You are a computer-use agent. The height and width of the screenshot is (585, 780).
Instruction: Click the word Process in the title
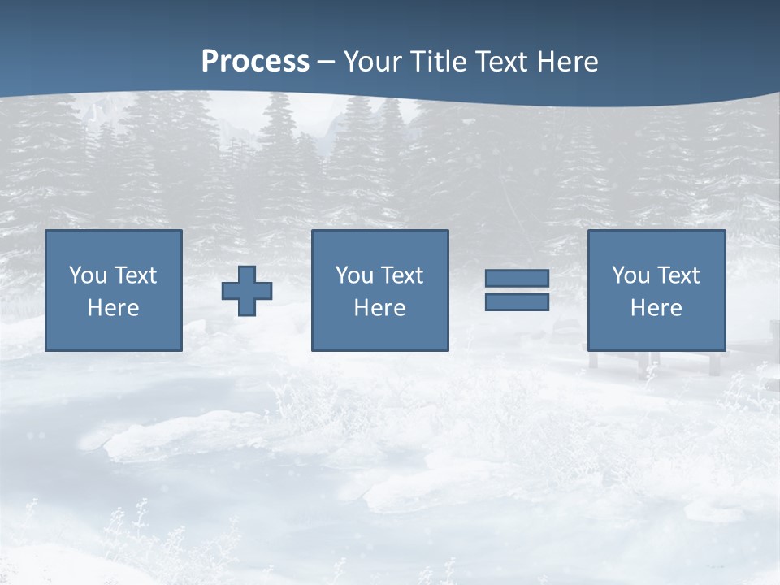pos(255,62)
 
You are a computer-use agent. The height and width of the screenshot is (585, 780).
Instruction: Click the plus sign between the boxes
pos(247,290)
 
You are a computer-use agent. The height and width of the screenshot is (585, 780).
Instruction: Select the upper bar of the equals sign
pos(517,279)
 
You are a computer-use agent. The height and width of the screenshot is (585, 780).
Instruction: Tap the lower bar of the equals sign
pos(517,301)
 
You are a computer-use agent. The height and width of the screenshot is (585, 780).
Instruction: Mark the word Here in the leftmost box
pos(113,308)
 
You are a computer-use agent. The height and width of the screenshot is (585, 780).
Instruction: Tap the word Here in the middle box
pos(379,308)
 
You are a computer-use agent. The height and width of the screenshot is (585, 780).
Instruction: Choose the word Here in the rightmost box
pos(656,308)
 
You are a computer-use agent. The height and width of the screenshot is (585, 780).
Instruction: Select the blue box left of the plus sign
pos(113,333)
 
